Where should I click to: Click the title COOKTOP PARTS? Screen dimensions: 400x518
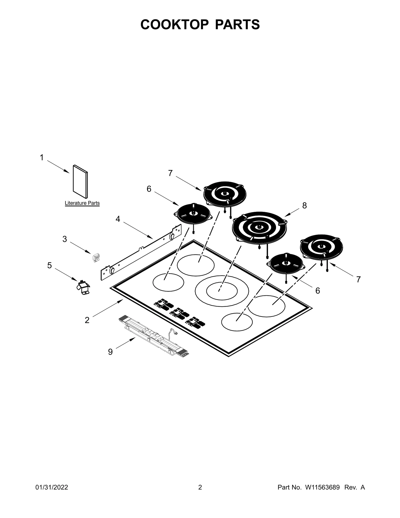tap(200, 25)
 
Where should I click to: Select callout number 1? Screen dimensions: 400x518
tap(42, 158)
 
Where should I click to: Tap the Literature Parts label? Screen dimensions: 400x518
tap(82, 203)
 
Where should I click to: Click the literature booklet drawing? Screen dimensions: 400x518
tap(80, 181)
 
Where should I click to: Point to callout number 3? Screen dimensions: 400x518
tap(65, 239)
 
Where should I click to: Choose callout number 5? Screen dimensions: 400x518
tap(49, 265)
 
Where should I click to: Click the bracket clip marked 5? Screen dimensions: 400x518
tap(83, 288)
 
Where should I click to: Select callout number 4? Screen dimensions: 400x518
tap(118, 219)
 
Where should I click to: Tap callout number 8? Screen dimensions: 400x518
tap(304, 205)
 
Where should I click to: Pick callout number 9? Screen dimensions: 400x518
tap(110, 352)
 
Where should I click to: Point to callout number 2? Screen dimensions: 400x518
tap(87, 320)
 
